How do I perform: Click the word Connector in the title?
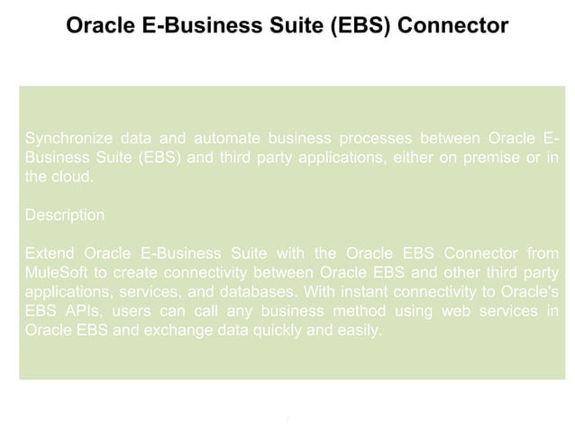click(x=453, y=25)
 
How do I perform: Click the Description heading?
click(x=65, y=215)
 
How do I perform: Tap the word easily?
click(x=358, y=330)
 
